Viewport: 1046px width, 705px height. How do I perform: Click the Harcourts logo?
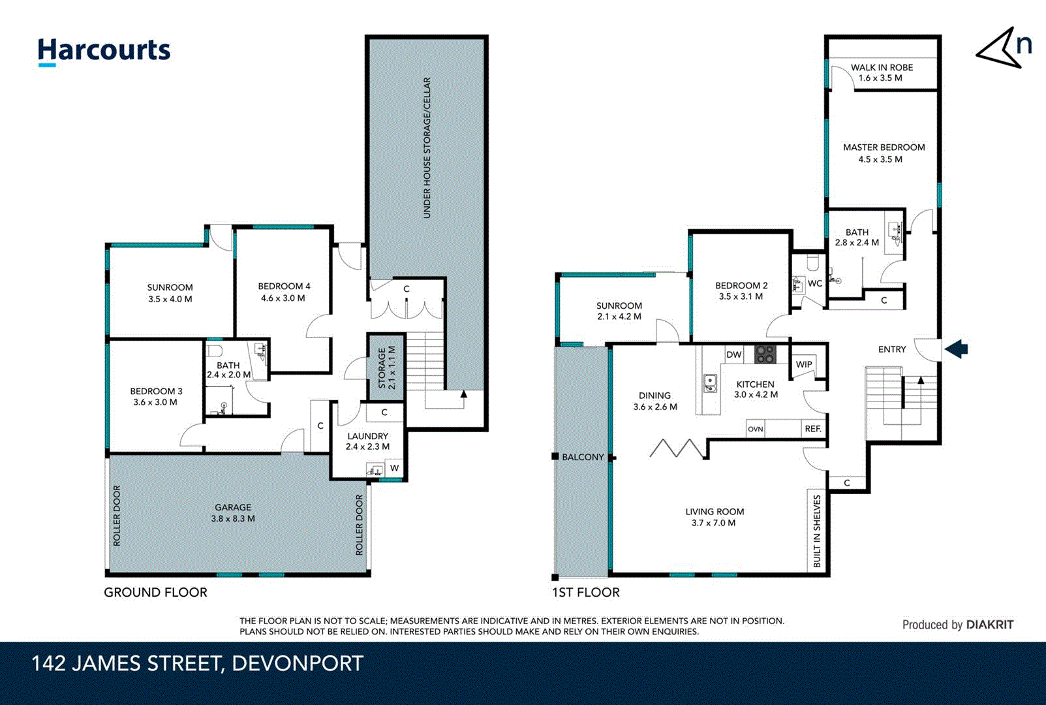click(x=104, y=52)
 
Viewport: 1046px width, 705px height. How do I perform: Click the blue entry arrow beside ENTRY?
click(x=956, y=349)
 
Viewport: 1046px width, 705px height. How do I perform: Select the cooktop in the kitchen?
click(x=765, y=354)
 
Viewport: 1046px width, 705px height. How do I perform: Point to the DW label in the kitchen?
click(x=733, y=354)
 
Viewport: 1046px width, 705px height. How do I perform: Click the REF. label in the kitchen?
click(x=813, y=429)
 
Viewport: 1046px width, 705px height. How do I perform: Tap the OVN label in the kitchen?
click(x=755, y=429)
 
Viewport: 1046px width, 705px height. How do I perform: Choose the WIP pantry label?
click(x=804, y=364)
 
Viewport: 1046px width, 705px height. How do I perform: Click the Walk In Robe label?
click(x=882, y=67)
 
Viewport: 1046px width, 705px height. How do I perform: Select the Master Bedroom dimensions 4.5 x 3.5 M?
click(x=880, y=159)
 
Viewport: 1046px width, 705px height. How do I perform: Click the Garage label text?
click(x=233, y=507)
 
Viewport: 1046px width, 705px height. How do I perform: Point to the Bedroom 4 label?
click(x=284, y=286)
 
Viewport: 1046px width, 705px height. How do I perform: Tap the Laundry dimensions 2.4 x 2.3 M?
click(x=367, y=446)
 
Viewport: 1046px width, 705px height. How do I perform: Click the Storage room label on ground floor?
click(x=382, y=368)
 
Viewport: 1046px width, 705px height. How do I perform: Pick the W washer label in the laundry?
click(x=395, y=467)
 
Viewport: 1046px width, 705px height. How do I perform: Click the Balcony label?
click(x=583, y=457)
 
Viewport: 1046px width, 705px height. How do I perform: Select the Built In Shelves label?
click(x=817, y=531)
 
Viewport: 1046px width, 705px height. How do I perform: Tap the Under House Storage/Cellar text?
click(x=427, y=148)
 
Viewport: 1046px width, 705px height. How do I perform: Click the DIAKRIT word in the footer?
click(x=990, y=625)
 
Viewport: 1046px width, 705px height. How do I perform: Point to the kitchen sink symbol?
click(x=710, y=383)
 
